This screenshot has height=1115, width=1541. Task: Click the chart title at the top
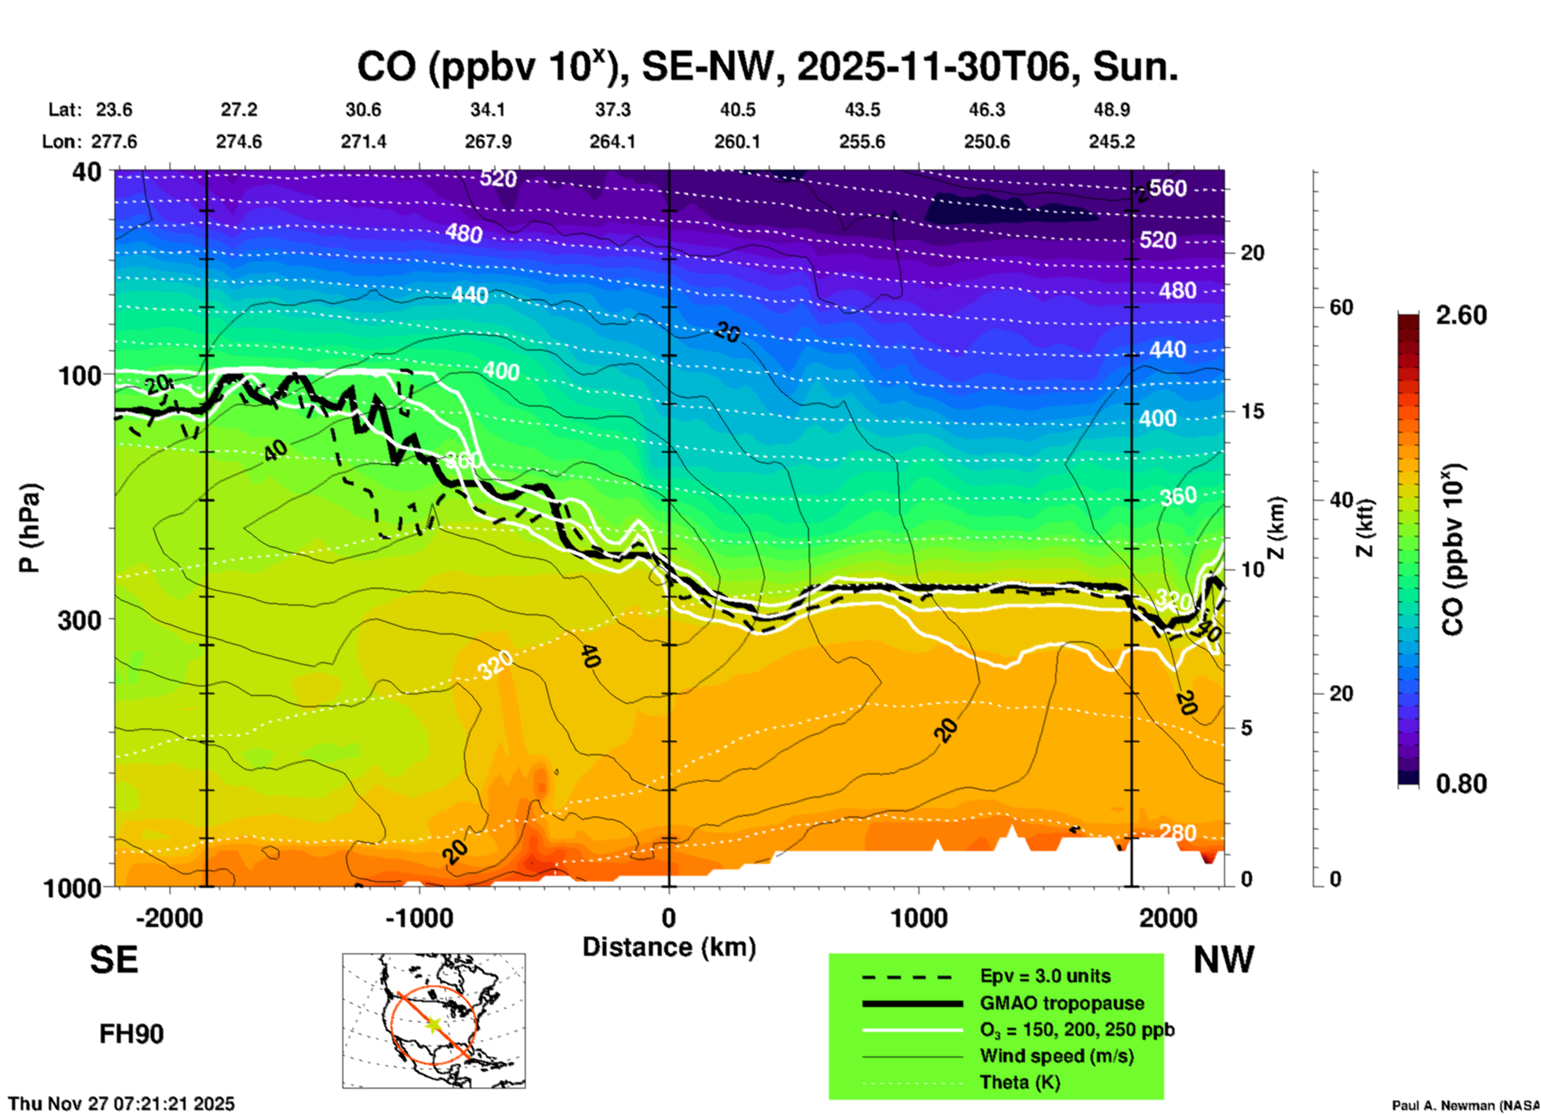coord(766,67)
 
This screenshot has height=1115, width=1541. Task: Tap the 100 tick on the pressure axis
coord(80,374)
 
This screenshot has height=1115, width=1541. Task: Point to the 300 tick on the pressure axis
coord(80,619)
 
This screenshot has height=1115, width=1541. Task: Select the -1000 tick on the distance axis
coord(418,917)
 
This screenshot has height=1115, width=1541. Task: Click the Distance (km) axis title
coord(669,947)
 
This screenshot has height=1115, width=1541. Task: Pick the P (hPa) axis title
coord(30,528)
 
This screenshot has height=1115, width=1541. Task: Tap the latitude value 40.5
coord(737,110)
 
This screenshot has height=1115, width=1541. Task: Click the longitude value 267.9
coord(487,142)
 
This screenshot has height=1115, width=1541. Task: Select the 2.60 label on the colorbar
coord(1461,315)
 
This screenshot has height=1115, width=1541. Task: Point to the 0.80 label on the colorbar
coord(1461,784)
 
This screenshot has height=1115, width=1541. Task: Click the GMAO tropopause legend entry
coord(1062,1003)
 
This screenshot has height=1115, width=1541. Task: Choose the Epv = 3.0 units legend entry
coord(1045,977)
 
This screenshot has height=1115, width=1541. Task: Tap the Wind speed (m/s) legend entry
coord(1056,1057)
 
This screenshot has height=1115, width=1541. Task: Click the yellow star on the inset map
coord(434,1025)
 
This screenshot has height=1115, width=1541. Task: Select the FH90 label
coord(131,1034)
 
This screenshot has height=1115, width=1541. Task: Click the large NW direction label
coord(1223,960)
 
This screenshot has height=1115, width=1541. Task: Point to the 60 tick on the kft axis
coord(1341,308)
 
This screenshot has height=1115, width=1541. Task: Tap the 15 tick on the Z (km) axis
coord(1252,411)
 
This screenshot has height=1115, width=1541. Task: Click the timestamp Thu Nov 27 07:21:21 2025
coord(122,1104)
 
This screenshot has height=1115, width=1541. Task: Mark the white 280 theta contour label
coord(1178,833)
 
